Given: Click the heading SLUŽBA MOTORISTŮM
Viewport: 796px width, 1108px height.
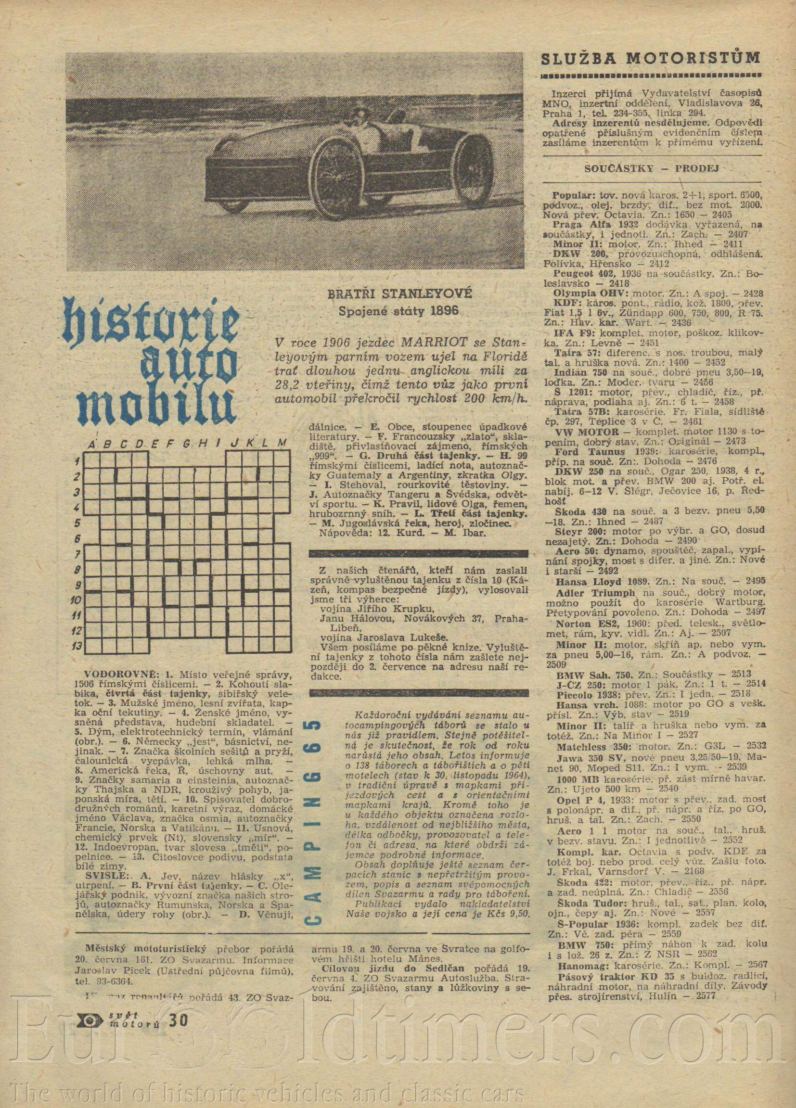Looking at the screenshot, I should [x=652, y=59].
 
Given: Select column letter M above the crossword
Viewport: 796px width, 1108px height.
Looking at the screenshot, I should [x=280, y=444].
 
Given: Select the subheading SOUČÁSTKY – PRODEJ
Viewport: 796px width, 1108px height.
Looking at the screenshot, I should [x=651, y=169].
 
